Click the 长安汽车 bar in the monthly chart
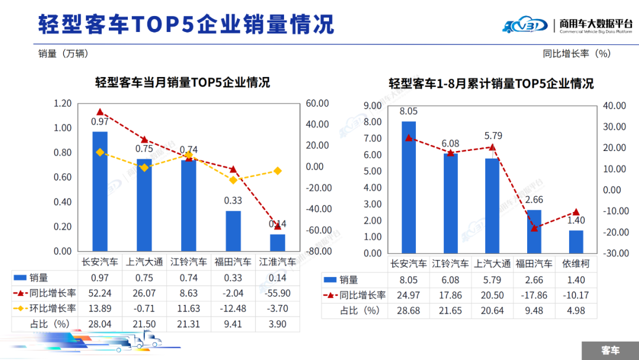point(100,191)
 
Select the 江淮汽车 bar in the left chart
point(277,242)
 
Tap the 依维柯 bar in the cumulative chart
point(576,242)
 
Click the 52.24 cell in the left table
point(100,292)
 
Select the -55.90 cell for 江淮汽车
point(277,292)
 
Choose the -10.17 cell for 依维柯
point(576,295)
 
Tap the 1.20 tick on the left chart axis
point(63,104)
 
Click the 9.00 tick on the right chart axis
point(372,106)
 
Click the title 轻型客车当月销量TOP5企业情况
point(182,82)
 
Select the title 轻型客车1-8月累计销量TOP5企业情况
point(491,83)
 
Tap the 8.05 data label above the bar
point(408,111)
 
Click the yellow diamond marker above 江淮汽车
point(277,171)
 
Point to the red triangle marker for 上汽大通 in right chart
point(492,147)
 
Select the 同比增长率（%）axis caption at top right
point(576,53)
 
